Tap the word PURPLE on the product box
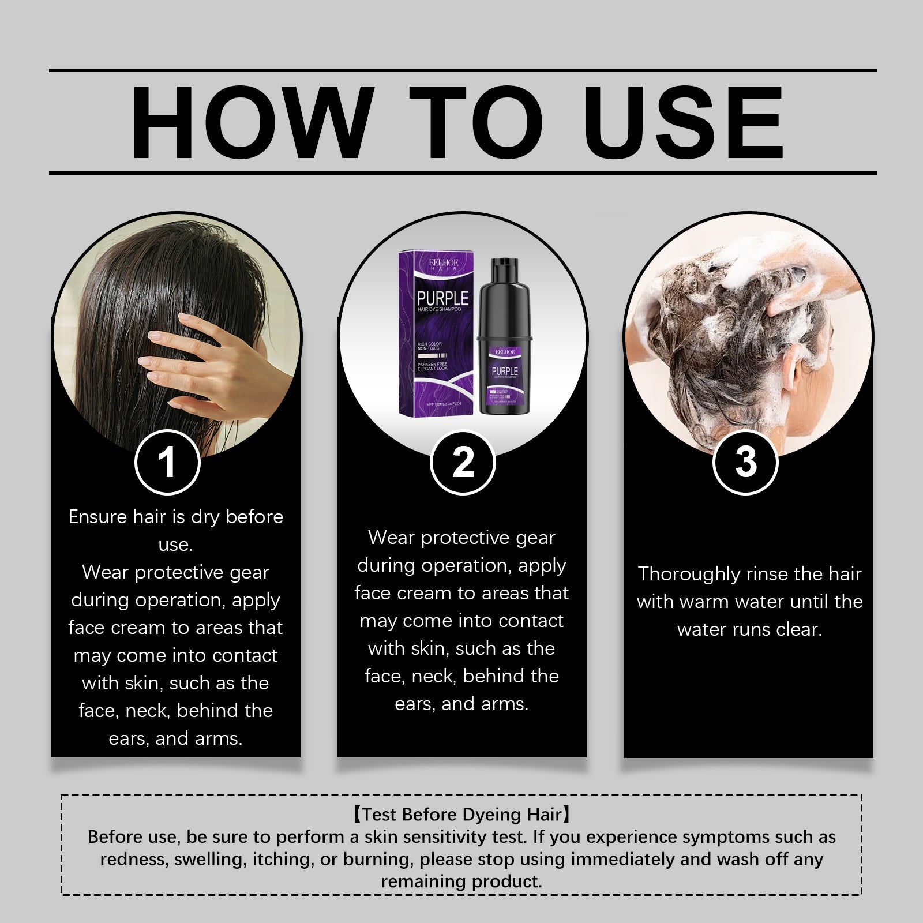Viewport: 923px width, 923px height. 443,299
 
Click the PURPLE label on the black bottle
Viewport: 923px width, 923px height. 505,371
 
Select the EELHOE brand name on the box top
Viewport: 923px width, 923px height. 443,262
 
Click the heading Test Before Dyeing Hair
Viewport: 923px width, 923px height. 461,814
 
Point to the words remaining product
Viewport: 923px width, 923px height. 461,881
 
